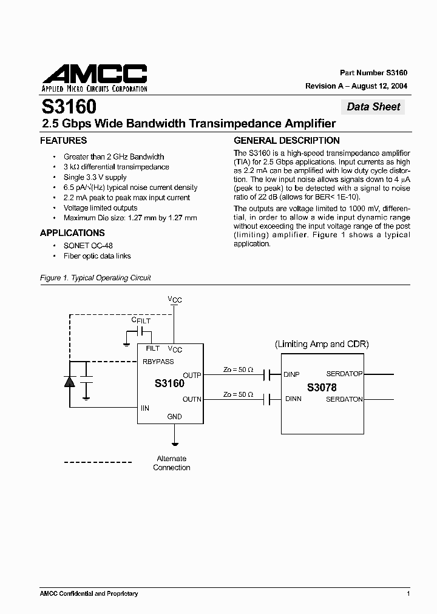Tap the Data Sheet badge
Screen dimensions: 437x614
[373, 107]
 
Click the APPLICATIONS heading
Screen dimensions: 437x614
[72, 233]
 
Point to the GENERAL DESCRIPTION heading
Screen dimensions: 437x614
[286, 141]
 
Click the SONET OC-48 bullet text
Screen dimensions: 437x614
[88, 246]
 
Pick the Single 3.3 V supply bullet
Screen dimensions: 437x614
[95, 177]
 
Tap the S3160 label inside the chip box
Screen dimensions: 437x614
[169, 383]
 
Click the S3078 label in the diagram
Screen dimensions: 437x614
[321, 387]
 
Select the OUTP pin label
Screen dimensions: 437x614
[192, 375]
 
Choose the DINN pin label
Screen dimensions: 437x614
[293, 399]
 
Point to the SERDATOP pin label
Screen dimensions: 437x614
[344, 374]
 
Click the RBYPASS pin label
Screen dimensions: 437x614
[158, 362]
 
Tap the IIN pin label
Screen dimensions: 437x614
[145, 408]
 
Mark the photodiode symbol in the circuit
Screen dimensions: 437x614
[69, 382]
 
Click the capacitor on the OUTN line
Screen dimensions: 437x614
[266, 399]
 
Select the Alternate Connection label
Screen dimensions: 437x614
[171, 463]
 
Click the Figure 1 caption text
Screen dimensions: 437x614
[95, 278]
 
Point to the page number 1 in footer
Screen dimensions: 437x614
[408, 593]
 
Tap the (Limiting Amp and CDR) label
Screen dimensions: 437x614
[322, 344]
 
